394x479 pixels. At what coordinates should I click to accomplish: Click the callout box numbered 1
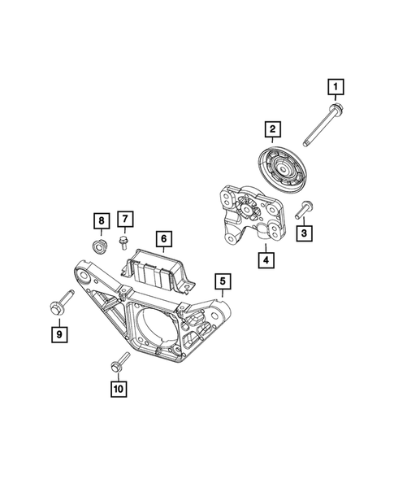pos(335,85)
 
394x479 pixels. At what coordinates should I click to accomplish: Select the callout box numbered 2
pos(271,128)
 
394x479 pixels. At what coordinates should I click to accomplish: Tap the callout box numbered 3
pos(304,234)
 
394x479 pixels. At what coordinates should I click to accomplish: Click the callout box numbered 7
pos(125,219)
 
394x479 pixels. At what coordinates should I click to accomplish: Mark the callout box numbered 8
pos(100,221)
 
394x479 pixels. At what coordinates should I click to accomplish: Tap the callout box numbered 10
pos(119,390)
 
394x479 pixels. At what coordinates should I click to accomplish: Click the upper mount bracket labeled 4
pos(252,213)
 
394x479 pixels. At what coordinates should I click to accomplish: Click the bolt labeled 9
pos(57,305)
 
